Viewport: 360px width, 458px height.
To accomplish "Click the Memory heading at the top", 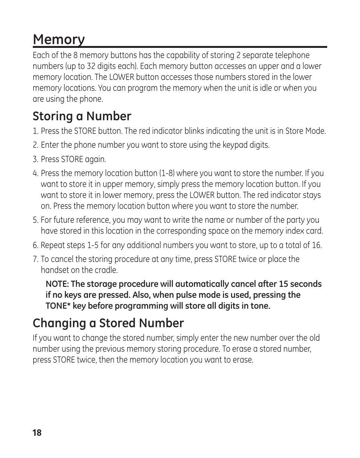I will tap(58, 39).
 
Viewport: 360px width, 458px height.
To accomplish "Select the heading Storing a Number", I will tap(82, 116).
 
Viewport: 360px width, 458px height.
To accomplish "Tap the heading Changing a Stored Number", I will tap(108, 323).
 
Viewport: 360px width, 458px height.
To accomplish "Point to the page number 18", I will tap(37, 433).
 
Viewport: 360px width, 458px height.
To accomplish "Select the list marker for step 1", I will tap(35, 131).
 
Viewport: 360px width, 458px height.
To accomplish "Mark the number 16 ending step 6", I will tap(316, 245).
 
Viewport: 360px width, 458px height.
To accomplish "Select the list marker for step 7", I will tap(35, 259).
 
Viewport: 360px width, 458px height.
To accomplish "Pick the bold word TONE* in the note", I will tap(58, 306).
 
